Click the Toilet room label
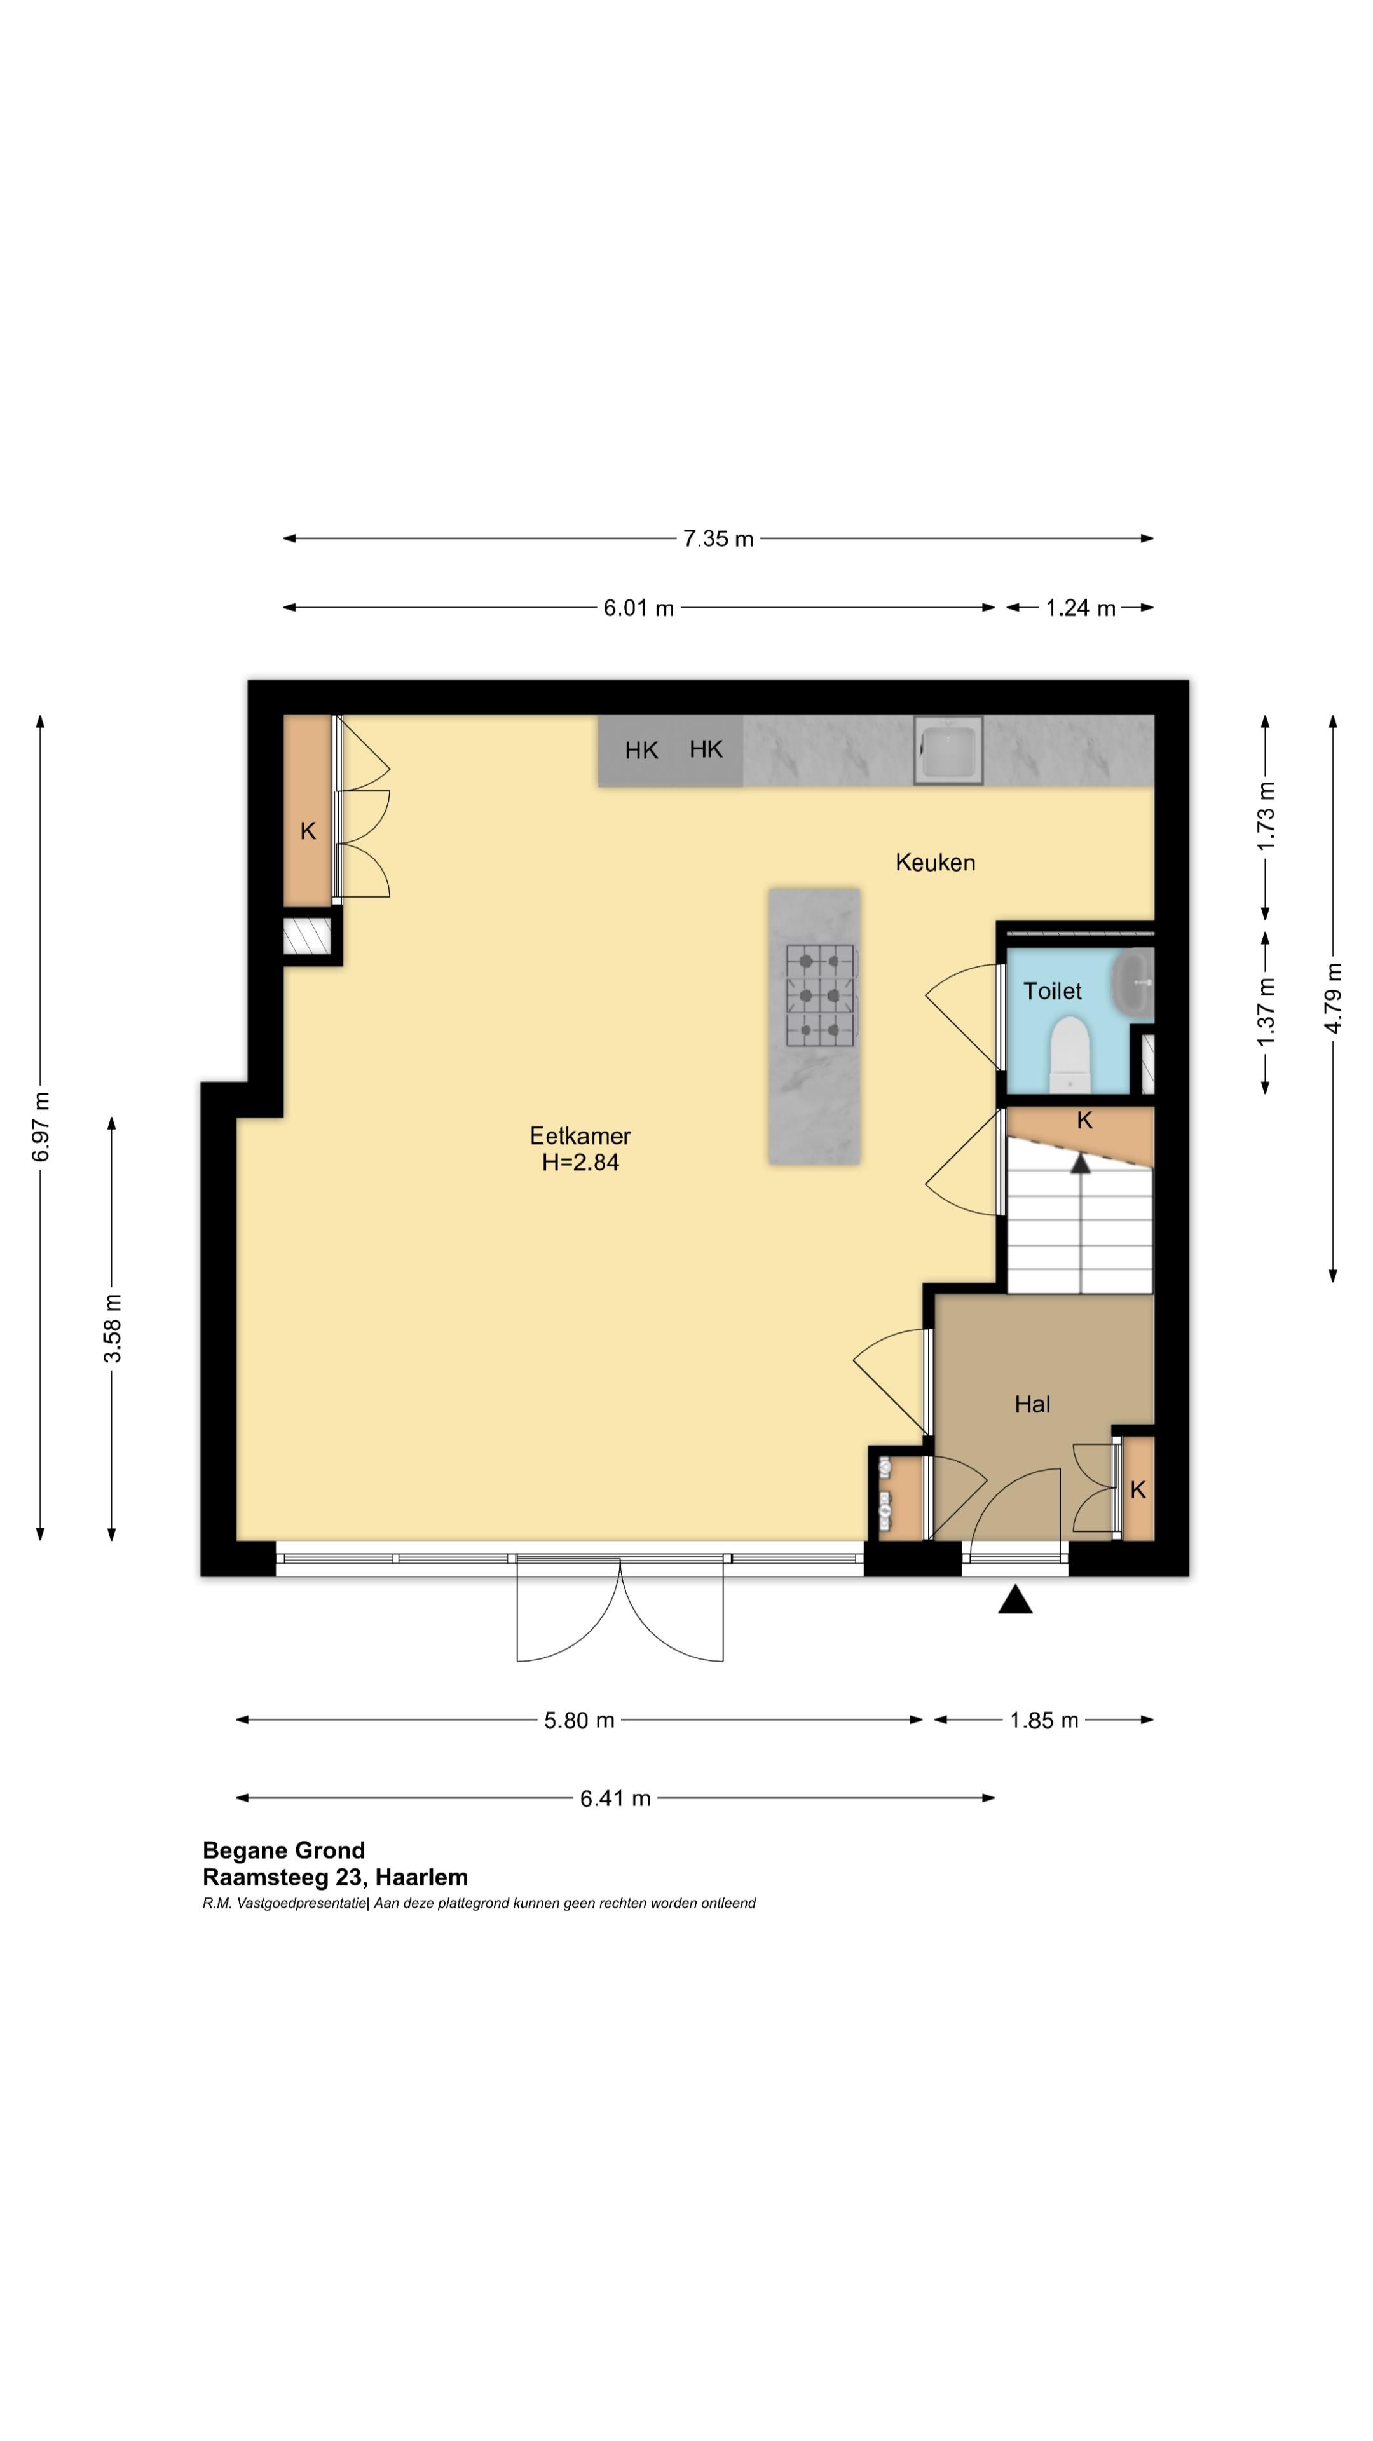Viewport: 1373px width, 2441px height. (x=1052, y=990)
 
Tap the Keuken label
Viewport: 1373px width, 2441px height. (x=935, y=863)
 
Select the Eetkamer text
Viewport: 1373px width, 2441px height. (x=580, y=1135)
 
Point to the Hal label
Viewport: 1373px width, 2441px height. (x=1032, y=1404)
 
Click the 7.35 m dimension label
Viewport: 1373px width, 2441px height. (x=718, y=538)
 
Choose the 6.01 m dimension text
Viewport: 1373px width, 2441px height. (x=639, y=608)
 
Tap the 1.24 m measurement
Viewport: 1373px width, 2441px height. (x=1080, y=608)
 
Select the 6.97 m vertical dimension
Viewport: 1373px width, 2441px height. (x=41, y=1126)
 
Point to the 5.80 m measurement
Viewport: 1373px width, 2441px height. (x=579, y=1720)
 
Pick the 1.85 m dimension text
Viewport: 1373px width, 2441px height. (x=1044, y=1720)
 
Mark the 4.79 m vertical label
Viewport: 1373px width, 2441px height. (x=1333, y=998)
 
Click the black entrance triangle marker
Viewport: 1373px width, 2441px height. (x=1015, y=1599)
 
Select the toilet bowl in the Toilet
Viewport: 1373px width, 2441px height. (x=1070, y=1055)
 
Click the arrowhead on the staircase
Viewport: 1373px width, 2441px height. (x=1080, y=1164)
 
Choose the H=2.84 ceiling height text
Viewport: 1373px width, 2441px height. (x=580, y=1163)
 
